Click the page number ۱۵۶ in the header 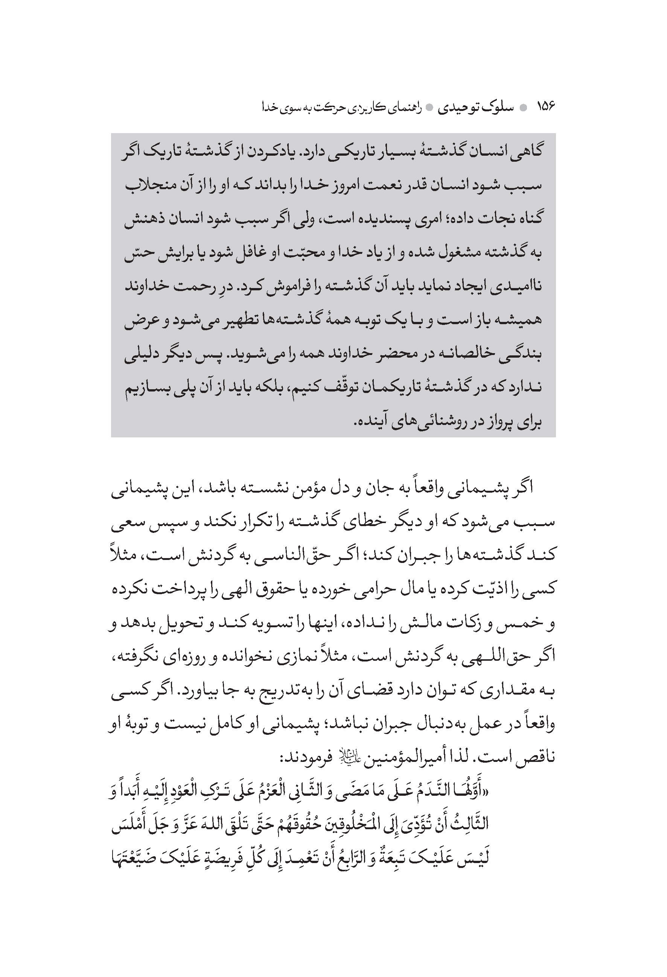click(546, 107)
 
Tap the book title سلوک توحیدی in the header click(476, 108)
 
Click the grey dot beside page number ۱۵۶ click(523, 108)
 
